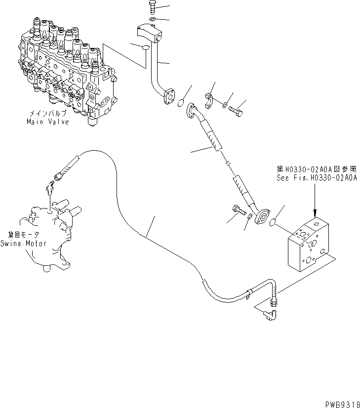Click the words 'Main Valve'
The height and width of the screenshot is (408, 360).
48,122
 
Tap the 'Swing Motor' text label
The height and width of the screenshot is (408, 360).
23,243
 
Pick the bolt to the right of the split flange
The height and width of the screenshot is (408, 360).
236,110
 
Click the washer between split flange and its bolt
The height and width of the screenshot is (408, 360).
225,104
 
